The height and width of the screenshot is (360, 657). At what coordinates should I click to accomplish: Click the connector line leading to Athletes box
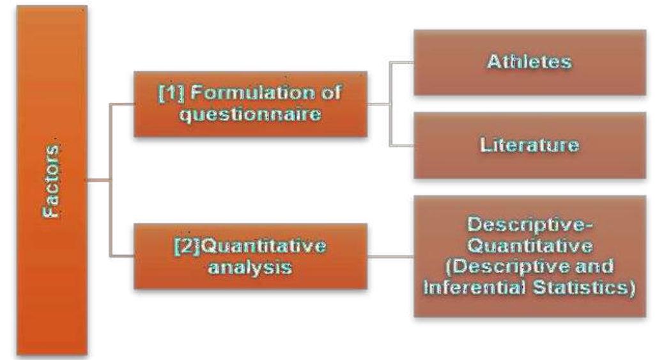tap(401, 62)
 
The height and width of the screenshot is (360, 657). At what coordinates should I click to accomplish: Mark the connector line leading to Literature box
tap(401, 146)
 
